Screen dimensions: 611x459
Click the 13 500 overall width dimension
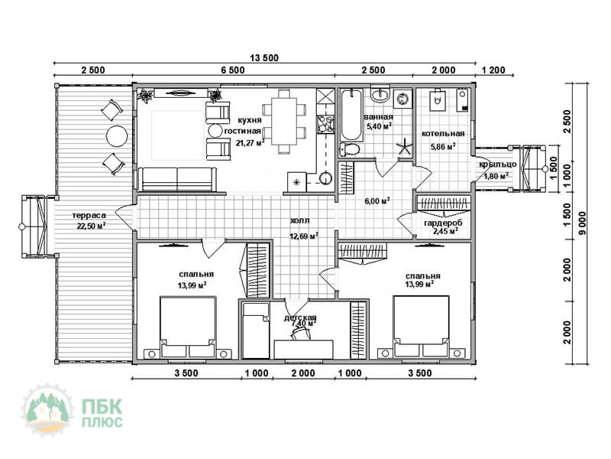point(264,58)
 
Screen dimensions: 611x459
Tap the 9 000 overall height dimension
point(583,223)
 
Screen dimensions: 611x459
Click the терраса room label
point(89,216)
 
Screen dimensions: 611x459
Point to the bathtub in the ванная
point(351,115)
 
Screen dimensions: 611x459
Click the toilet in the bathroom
point(348,149)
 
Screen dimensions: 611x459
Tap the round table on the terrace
point(117,136)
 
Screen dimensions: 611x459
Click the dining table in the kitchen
point(284,122)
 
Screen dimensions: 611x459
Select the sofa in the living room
point(177,180)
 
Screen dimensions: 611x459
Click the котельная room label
point(443,133)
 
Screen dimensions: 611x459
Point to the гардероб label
point(443,223)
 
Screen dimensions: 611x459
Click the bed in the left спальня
point(188,327)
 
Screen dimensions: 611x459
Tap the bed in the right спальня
point(421,327)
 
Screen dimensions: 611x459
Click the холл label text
point(299,220)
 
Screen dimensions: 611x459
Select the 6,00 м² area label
point(377,201)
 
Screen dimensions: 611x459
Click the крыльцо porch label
point(498,164)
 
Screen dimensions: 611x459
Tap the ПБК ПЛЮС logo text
point(102,413)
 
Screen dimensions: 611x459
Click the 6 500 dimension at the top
point(233,70)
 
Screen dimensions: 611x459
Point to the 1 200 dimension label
point(493,70)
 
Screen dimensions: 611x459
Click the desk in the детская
point(303,350)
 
